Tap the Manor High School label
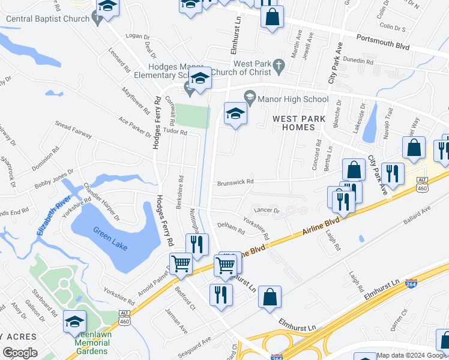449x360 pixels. tap(294, 99)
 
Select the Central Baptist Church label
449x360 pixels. tap(47, 19)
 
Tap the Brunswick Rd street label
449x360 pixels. tap(235, 182)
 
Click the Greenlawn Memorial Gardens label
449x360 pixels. tap(92, 346)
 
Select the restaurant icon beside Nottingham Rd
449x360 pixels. tap(197, 244)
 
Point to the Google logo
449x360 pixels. tap(20, 352)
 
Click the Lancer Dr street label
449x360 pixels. tap(268, 211)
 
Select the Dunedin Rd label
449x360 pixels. tap(359, 61)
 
